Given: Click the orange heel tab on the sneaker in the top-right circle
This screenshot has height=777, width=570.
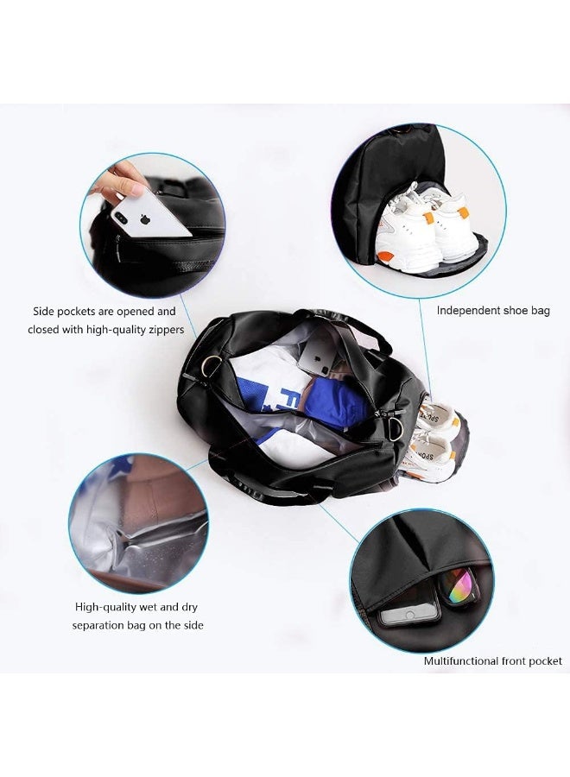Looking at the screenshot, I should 463,212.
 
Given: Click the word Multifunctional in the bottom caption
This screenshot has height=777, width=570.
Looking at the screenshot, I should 461,661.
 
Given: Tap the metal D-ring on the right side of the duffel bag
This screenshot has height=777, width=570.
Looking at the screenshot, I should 396,429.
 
